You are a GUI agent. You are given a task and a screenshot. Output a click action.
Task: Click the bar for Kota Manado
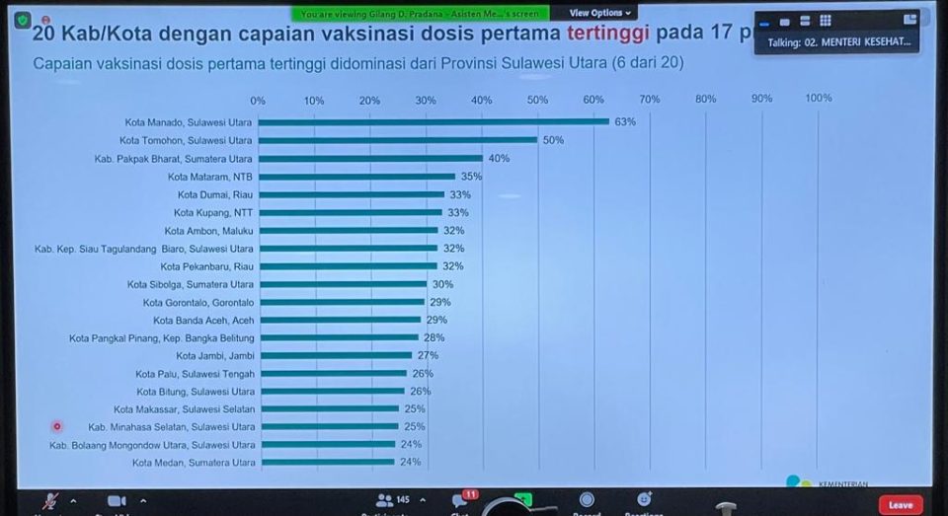coord(433,121)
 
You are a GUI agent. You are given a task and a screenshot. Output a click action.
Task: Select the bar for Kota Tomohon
coord(397,140)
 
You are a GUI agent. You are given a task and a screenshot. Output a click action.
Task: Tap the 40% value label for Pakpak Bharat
coord(499,158)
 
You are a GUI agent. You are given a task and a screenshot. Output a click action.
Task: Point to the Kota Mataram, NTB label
coord(209,177)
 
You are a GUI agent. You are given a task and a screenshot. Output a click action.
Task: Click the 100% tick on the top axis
coord(819,98)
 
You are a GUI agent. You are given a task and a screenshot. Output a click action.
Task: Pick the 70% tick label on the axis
coord(649,99)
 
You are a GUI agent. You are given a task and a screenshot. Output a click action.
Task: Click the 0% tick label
coord(258,101)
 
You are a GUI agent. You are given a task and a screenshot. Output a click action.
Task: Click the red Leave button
coord(900,504)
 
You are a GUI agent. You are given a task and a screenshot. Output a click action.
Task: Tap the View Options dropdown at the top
coord(599,13)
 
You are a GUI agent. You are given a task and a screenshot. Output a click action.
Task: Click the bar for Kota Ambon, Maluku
coord(348,230)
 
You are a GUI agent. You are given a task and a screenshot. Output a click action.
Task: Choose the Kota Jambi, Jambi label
coord(214,355)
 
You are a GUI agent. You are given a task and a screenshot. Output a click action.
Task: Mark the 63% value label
coord(625,121)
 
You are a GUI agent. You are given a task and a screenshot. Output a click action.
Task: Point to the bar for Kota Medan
coord(326,462)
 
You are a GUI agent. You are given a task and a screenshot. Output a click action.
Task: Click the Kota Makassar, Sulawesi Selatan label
coord(184,408)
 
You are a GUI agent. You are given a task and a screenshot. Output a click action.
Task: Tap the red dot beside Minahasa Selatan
coord(57,426)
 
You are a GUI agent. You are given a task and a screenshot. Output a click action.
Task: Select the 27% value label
coord(428,355)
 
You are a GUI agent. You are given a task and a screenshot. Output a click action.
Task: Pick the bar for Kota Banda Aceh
coord(340,320)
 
